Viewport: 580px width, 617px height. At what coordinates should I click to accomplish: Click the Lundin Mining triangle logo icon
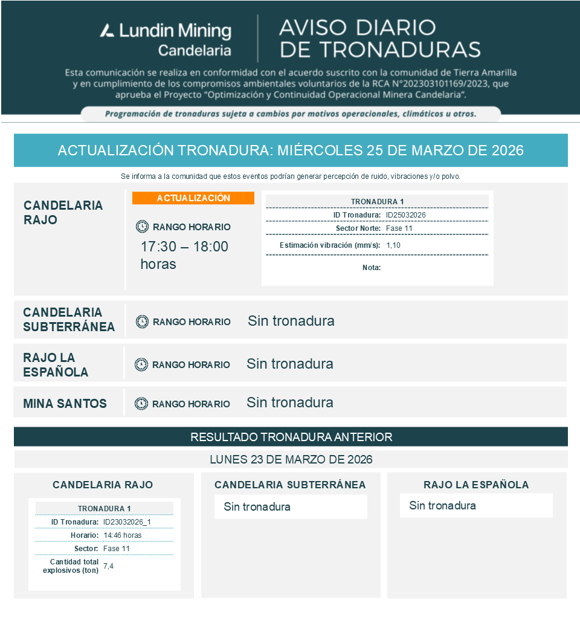tap(107, 30)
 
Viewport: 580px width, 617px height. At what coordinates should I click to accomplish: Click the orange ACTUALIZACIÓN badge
tap(193, 198)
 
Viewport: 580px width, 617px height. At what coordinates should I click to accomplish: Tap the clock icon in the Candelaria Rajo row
tap(142, 227)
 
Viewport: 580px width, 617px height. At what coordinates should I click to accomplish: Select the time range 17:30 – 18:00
tap(184, 247)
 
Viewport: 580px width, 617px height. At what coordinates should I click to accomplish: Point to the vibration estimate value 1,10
tap(393, 245)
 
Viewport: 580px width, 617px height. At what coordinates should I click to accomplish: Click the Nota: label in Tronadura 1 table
tap(372, 267)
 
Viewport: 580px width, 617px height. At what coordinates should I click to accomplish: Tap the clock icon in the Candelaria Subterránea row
tap(142, 321)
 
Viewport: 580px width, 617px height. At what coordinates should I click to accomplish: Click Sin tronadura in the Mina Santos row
tap(290, 402)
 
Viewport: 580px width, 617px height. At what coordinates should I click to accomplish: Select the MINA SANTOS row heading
tap(65, 404)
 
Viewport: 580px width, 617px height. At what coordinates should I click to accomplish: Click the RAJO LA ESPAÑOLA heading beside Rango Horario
tap(56, 364)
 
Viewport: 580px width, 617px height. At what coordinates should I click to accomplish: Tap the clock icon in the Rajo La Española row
tap(141, 364)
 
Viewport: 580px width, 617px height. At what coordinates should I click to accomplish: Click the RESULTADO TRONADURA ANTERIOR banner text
tap(291, 437)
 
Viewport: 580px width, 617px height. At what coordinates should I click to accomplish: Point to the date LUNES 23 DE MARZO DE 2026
tap(291, 459)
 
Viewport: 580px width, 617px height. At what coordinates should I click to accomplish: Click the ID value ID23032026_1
tap(126, 522)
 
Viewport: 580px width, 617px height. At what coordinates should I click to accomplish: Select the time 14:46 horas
tap(123, 535)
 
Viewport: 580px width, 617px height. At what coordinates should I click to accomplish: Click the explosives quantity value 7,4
tap(109, 566)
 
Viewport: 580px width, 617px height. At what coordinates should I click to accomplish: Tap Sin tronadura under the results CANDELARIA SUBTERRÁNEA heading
tap(257, 507)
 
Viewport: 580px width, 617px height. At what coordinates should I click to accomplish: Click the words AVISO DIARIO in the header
tap(357, 27)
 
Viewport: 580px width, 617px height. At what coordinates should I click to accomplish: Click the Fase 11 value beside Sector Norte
tap(399, 228)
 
